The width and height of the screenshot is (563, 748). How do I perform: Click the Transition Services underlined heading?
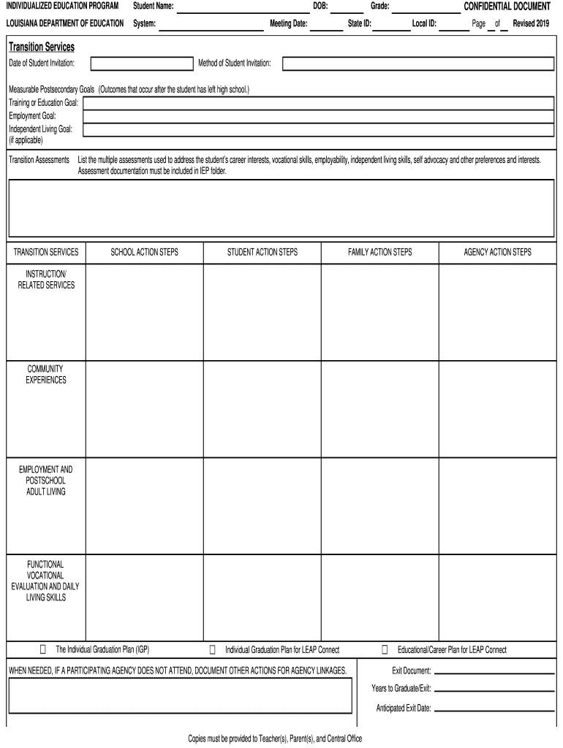[41, 47]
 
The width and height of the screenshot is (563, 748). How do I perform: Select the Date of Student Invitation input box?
[140, 64]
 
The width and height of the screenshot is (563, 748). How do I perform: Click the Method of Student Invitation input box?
[417, 64]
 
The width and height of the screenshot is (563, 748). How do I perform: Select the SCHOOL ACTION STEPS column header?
[144, 253]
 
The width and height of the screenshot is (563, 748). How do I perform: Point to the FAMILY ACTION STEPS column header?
[379, 253]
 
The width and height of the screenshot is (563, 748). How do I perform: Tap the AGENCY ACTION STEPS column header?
[497, 253]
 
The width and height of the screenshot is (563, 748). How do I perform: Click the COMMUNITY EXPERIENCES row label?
[45, 375]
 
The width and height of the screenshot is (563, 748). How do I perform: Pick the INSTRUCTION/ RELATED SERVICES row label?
[45, 280]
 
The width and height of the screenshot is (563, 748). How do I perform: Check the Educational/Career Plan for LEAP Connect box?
[385, 649]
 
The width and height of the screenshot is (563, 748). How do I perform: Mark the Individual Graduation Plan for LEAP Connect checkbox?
[213, 649]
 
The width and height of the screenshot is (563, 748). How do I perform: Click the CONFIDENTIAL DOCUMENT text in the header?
[507, 7]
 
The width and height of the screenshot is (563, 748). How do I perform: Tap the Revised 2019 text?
[531, 23]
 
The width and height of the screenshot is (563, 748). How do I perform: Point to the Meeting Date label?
[288, 23]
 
